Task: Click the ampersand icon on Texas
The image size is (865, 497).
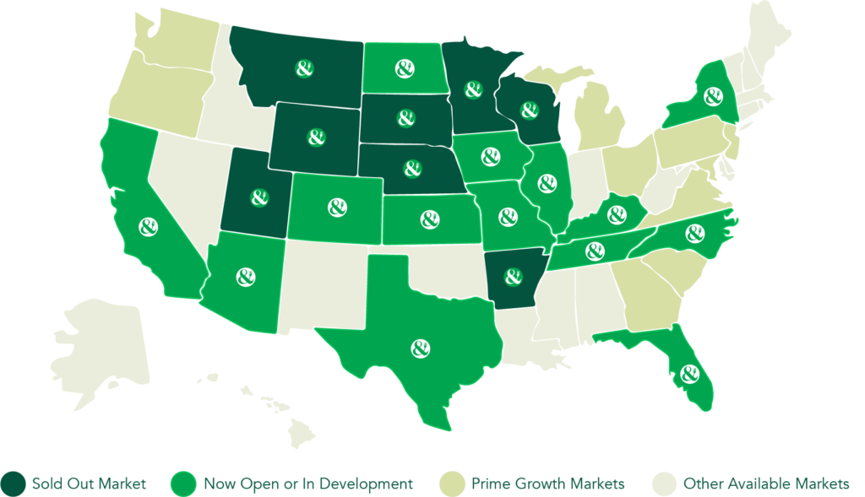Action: pyautogui.click(x=419, y=348)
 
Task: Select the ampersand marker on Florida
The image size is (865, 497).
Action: pyautogui.click(x=688, y=371)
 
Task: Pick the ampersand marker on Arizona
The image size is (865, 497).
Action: pyautogui.click(x=246, y=276)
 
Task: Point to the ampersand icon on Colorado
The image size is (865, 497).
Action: pyautogui.click(x=337, y=206)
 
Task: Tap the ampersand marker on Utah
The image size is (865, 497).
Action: pyautogui.click(x=259, y=197)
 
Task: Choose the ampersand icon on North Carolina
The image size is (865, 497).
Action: pyautogui.click(x=694, y=230)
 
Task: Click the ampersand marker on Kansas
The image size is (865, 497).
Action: pyautogui.click(x=430, y=219)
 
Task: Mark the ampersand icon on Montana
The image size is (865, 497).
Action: pyautogui.click(x=302, y=68)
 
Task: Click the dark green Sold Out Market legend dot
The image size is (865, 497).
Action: pyautogui.click(x=14, y=483)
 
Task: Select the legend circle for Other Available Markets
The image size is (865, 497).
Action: pyautogui.click(x=665, y=483)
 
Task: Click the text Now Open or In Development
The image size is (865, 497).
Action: pyautogui.click(x=307, y=483)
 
